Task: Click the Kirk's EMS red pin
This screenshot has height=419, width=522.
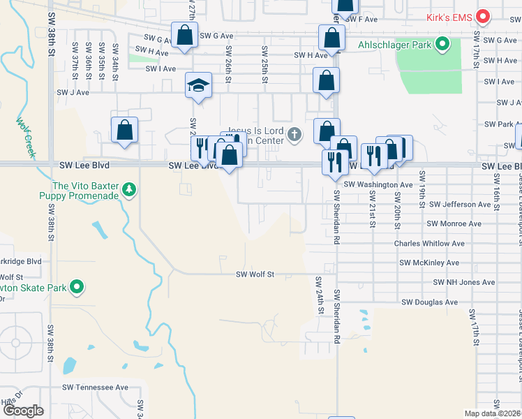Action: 482,15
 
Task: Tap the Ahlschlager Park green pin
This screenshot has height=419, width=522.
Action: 442,46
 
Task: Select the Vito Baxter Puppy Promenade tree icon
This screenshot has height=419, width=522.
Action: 128,190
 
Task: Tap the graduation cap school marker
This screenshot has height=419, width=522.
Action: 198,86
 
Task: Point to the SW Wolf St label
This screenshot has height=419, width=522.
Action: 255,274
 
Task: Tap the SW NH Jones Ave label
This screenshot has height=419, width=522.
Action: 464,282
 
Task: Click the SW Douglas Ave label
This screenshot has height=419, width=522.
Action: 429,302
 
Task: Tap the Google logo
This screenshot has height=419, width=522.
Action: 23,411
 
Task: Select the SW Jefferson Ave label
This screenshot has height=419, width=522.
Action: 460,205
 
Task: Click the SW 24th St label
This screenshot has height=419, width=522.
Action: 320,293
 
